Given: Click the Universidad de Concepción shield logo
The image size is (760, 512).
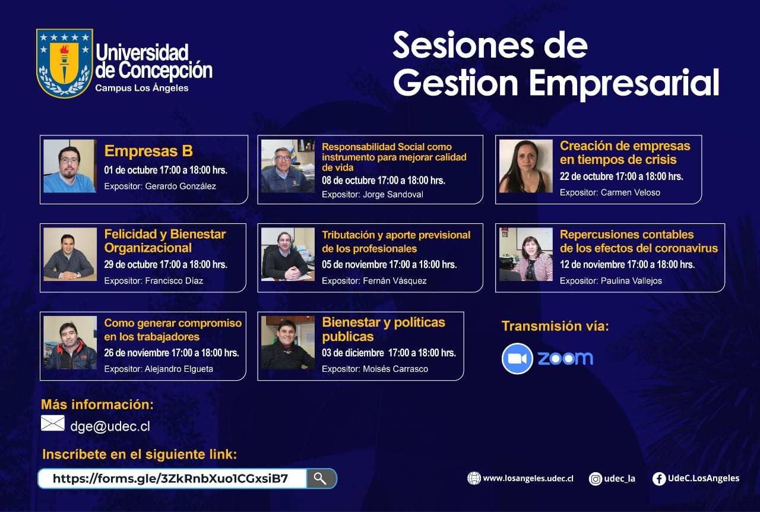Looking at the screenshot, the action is tap(65, 63).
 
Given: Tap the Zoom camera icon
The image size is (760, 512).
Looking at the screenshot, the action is tap(517, 359).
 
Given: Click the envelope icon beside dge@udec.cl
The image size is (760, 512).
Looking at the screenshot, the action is tap(53, 423).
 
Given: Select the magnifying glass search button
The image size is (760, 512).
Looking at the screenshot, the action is tap(321, 478).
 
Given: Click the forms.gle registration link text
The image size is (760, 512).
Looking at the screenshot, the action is tap(170, 478).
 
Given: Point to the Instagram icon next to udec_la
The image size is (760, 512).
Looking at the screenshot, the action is tap(595, 479).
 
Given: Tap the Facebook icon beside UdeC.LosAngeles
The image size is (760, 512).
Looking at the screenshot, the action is tap(659, 479).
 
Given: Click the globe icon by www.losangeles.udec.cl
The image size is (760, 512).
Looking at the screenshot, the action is tap(474, 478).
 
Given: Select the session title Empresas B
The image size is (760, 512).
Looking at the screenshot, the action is tap(148, 151).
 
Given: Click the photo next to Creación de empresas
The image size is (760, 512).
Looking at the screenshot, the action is tap(525, 166).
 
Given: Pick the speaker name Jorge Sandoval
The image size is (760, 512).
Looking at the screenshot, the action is tap(393, 195).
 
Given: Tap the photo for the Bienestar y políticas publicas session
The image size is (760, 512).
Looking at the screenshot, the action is tap(288, 343).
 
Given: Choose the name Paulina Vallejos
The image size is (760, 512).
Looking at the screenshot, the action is tap(631, 281).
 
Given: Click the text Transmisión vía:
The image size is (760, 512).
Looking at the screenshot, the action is tap(555, 326).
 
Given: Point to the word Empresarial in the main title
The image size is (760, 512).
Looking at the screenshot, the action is tap(624, 83).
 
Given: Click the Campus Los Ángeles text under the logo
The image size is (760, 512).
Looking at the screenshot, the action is tap(142, 88).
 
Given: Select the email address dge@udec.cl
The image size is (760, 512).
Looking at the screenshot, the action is tap(110, 426).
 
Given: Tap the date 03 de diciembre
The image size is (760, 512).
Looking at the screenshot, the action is tap(353, 353).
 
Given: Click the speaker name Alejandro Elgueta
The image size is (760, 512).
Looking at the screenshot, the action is tap(179, 369).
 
